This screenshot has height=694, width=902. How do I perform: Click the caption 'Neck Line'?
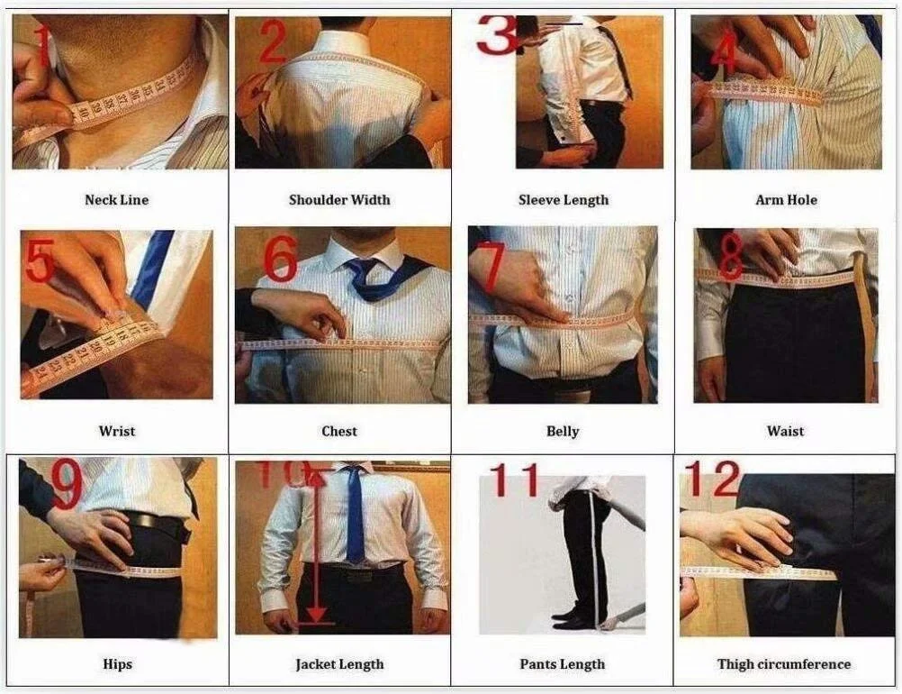[x=116, y=200]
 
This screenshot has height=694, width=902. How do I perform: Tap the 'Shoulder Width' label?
[x=339, y=200]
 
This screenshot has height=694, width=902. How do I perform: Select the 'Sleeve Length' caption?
[x=563, y=200]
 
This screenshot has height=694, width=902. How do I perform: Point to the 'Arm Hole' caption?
[x=785, y=200]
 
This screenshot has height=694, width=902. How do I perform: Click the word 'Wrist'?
[x=117, y=432]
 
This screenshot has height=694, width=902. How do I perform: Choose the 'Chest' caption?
[x=339, y=432]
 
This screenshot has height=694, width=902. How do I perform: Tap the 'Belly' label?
[x=563, y=432]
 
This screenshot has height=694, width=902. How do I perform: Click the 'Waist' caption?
[x=785, y=432]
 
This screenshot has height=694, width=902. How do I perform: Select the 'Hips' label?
[x=117, y=665]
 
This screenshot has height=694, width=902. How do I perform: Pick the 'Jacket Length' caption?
[x=339, y=665]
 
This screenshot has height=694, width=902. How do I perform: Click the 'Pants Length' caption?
[x=563, y=665]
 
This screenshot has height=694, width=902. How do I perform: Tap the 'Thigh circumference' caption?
[x=784, y=665]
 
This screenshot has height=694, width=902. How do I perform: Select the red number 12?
[x=712, y=480]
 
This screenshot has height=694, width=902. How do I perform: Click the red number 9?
[x=68, y=488]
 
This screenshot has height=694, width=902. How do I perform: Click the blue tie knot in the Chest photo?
[x=366, y=268]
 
